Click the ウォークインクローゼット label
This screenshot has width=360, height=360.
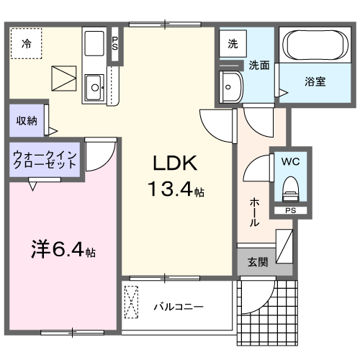tap(45, 159)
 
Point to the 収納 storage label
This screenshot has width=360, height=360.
tap(22, 120)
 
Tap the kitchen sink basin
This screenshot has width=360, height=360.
tap(94, 90)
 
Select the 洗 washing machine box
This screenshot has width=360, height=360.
tap(232, 44)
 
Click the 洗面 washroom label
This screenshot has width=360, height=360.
tap(259, 65)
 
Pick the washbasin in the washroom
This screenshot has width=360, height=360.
tap(233, 87)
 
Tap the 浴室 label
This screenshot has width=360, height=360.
tap(314, 81)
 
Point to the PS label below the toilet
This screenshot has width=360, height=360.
tap(290, 211)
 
